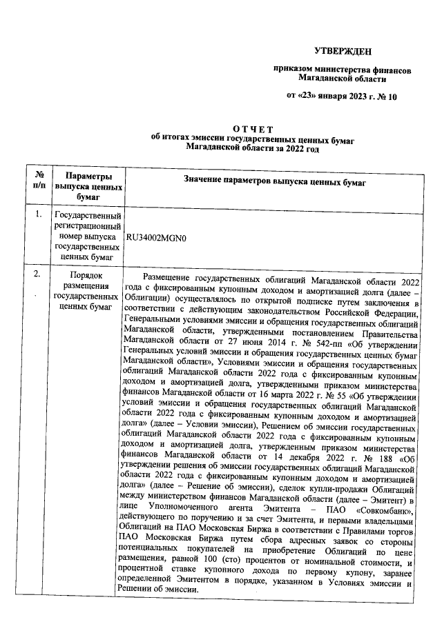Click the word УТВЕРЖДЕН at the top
coord(343,51)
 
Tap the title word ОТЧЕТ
coord(253,128)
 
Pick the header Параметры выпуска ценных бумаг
coord(89,186)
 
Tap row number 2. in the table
coord(39,275)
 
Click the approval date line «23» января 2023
coord(342,97)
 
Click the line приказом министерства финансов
coord(343,70)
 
